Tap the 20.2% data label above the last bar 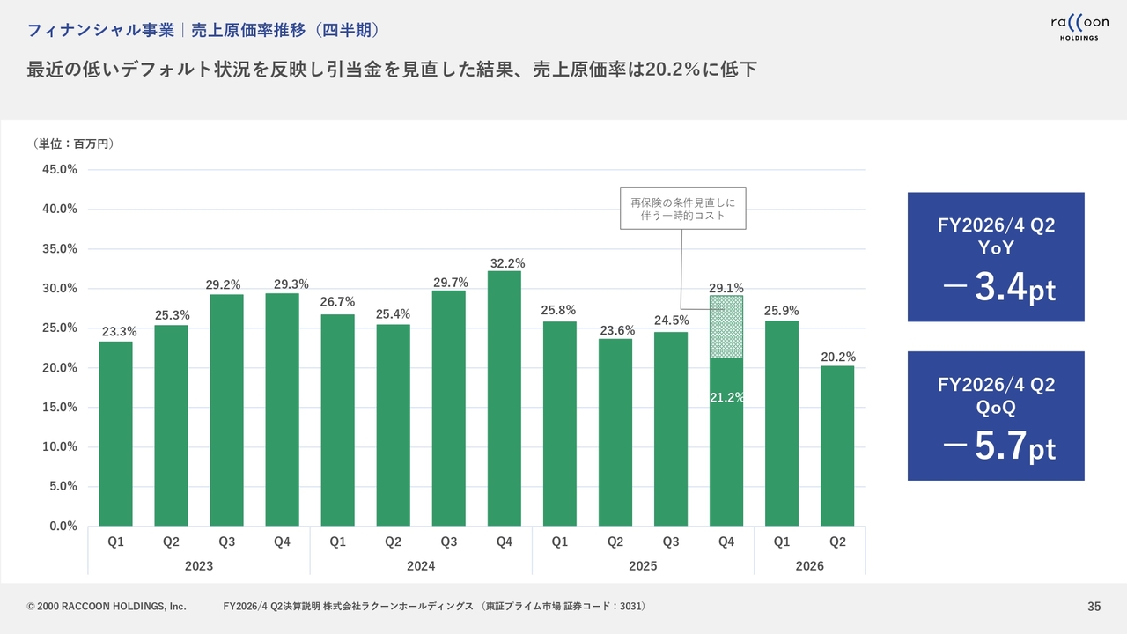tap(837, 357)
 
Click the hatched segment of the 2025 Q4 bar tap(726, 327)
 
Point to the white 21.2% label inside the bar tap(727, 397)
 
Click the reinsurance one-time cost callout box tap(683, 208)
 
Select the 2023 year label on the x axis tap(199, 566)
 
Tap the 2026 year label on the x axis tap(809, 566)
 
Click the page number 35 tap(1094, 606)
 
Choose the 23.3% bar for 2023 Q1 tap(116, 433)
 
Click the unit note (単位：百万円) tap(73, 144)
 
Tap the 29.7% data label tap(449, 282)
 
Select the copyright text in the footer tap(107, 606)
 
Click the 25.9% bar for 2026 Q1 tap(782, 423)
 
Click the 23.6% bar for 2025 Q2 tap(615, 431)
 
